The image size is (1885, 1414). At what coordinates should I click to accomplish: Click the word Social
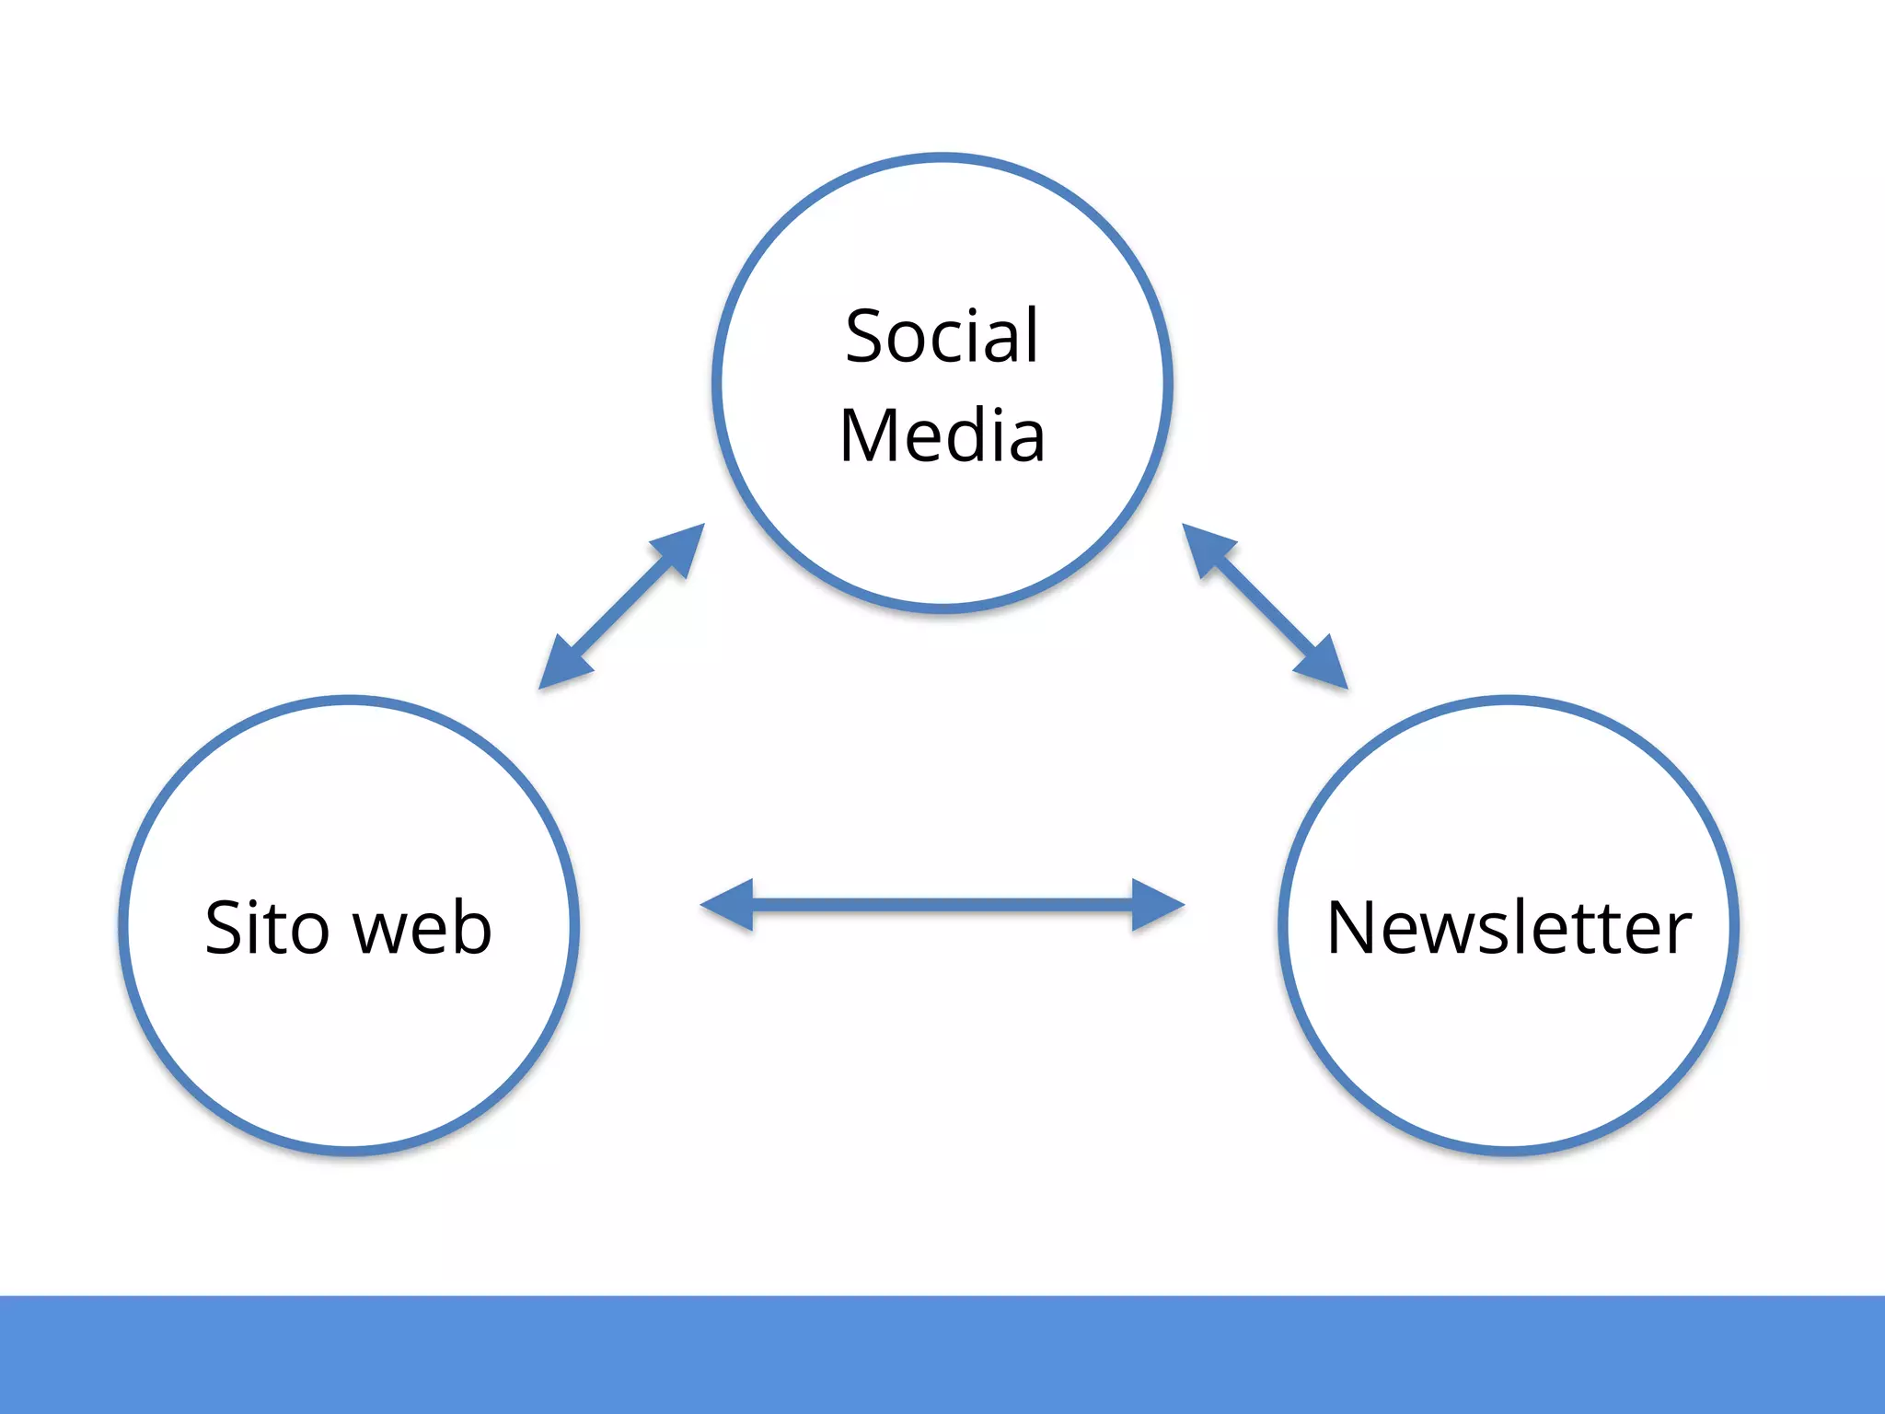click(942, 336)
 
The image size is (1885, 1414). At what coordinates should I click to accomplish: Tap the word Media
click(942, 435)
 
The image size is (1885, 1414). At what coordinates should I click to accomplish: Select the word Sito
click(266, 927)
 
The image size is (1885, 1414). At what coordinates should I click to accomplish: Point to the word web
click(422, 927)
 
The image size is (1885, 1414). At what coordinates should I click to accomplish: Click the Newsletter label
click(1509, 927)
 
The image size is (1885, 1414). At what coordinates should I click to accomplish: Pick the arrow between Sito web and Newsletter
click(942, 905)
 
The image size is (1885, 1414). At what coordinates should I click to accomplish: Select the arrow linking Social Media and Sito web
click(621, 607)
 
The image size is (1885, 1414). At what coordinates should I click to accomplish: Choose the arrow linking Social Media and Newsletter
click(1265, 607)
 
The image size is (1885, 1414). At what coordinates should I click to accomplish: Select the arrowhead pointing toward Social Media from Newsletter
click(1207, 549)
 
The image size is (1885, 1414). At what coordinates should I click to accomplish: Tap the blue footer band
click(942, 1353)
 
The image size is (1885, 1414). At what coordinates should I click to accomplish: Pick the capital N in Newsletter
click(1353, 927)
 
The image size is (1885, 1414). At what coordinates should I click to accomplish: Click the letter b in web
click(470, 925)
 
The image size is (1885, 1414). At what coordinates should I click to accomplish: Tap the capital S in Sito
click(226, 927)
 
